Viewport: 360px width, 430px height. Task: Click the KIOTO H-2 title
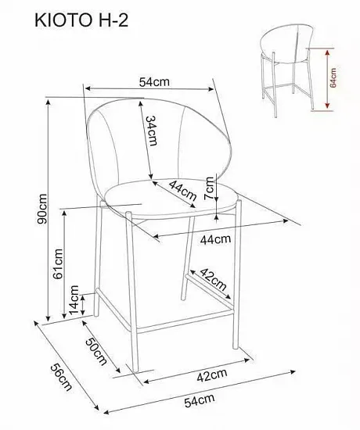coord(81,20)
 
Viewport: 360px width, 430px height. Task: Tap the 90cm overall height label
coord(42,209)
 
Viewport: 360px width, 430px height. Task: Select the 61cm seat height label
coord(58,263)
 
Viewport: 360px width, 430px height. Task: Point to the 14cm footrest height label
coord(74,300)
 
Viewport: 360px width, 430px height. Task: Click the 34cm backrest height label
coord(151,131)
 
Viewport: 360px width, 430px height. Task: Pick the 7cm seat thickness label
coord(209,188)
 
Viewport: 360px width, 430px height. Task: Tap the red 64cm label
coord(333,77)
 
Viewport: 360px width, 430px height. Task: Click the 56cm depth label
coord(61,377)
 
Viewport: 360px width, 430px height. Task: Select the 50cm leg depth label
coord(96,351)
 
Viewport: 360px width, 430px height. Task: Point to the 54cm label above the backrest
coord(154,82)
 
